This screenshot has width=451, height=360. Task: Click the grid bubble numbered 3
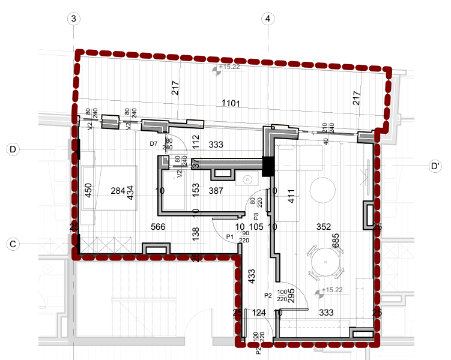click(x=74, y=19)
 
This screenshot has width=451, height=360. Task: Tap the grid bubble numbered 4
click(x=268, y=19)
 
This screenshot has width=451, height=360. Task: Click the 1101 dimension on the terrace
click(x=231, y=103)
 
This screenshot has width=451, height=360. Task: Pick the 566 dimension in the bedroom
click(x=158, y=227)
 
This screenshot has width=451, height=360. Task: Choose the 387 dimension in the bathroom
click(x=216, y=191)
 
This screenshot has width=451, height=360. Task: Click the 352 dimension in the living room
click(x=324, y=227)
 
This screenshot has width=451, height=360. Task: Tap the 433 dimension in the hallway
click(x=252, y=276)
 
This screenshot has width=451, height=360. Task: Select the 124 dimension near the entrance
click(x=259, y=312)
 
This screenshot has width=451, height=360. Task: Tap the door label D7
click(x=153, y=144)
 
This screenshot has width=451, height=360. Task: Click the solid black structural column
click(x=268, y=166)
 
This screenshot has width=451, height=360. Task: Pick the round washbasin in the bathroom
click(x=247, y=179)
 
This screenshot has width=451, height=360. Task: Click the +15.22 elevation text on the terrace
click(x=229, y=67)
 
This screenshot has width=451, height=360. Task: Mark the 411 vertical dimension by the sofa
click(x=292, y=196)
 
